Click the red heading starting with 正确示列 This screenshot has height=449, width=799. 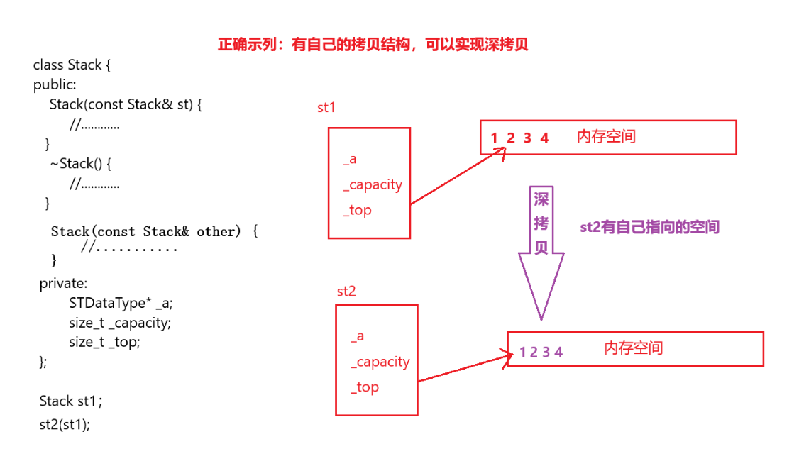tap(373, 45)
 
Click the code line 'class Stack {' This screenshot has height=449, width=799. tap(72, 65)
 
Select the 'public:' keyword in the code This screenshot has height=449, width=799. tap(55, 84)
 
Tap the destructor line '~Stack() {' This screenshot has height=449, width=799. tap(81, 163)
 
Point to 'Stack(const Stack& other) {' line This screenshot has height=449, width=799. tap(155, 231)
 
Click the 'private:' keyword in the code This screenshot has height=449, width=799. tap(63, 283)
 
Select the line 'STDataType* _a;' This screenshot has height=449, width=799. tap(121, 303)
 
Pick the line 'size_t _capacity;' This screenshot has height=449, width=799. tap(120, 323)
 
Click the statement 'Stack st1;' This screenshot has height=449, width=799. tap(71, 401)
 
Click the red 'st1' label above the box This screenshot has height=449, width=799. tap(326, 108)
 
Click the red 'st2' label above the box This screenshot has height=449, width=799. tap(346, 292)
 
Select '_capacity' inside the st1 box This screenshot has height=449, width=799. tap(373, 184)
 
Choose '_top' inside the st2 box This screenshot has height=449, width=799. tap(365, 387)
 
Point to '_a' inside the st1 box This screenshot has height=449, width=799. tap(349, 160)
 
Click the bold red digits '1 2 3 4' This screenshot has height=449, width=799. tap(519, 138)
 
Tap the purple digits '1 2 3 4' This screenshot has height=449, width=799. tap(541, 352)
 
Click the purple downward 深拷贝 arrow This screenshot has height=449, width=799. tap(541, 255)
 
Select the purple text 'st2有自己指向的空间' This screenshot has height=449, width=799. tap(649, 227)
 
